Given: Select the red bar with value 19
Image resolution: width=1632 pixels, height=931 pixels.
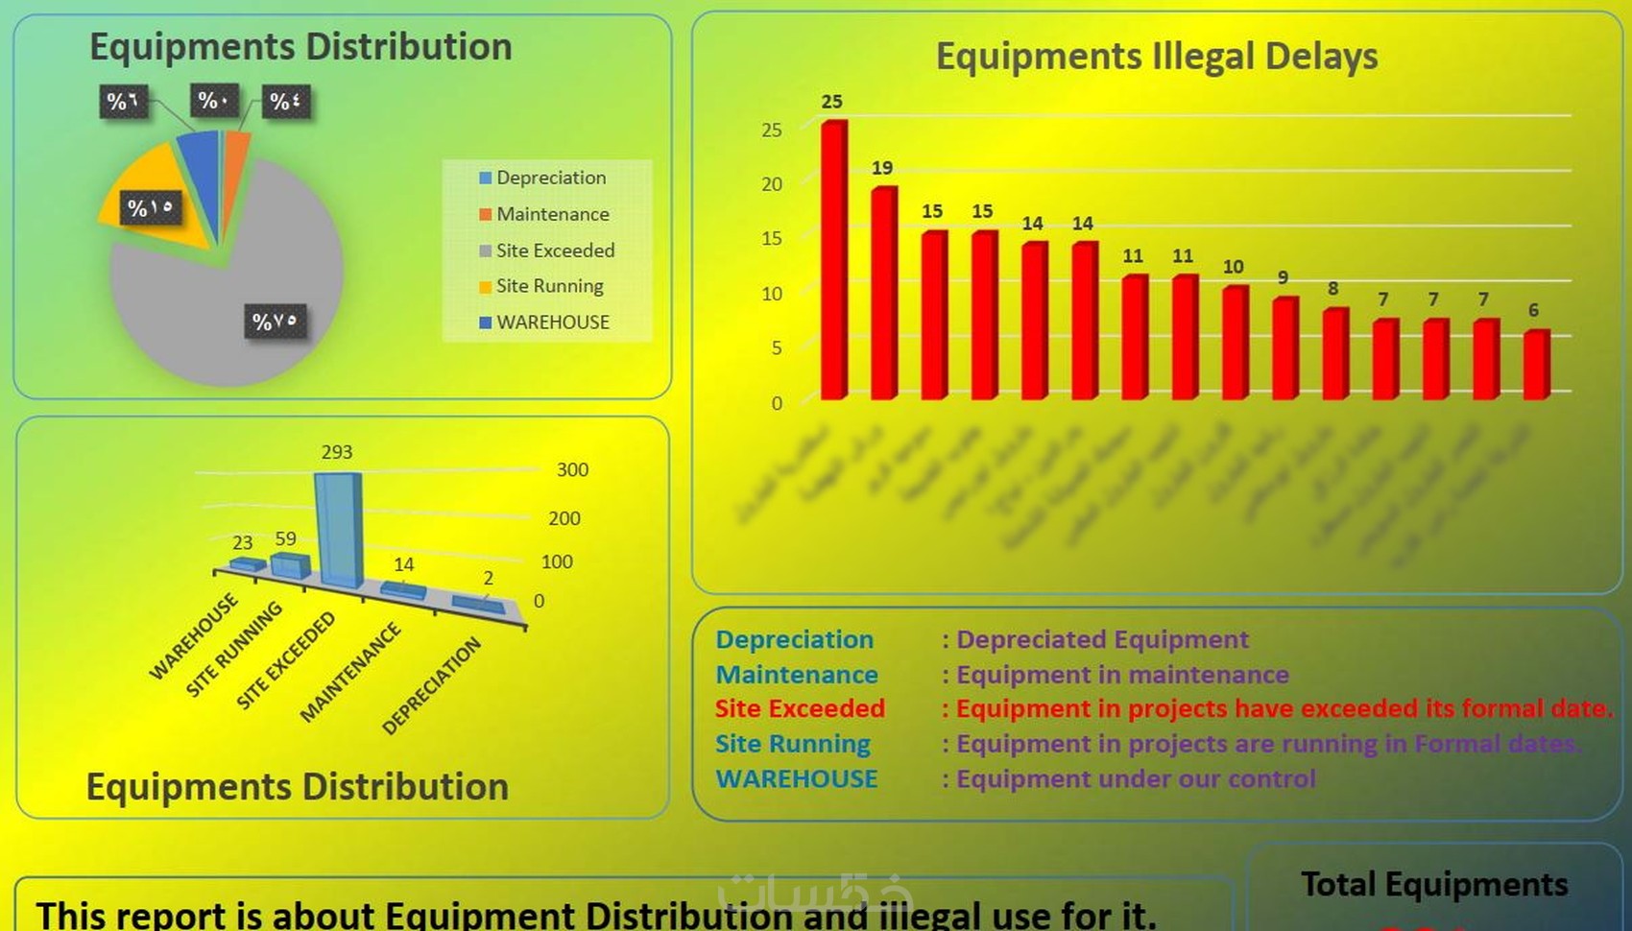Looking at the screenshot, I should (883, 293).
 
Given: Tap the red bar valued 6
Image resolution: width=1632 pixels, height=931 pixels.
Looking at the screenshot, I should (1535, 365).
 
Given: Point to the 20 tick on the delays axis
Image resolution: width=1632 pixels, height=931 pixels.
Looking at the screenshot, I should (772, 184).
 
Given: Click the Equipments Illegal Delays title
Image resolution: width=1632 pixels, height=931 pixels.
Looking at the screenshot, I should (1156, 57).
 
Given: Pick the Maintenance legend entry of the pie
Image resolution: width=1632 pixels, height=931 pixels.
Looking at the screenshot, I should (552, 214).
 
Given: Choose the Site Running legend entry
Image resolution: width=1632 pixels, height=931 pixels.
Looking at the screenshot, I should (549, 286).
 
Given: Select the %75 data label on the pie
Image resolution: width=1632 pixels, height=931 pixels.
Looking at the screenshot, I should (275, 322).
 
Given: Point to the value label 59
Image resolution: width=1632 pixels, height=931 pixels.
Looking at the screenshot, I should (286, 538).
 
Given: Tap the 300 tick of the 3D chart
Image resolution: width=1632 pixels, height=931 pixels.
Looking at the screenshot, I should (572, 470).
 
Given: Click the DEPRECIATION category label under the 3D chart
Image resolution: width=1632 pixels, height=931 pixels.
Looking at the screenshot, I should (431, 686).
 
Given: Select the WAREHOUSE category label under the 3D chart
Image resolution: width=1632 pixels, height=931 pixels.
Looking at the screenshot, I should (193, 636).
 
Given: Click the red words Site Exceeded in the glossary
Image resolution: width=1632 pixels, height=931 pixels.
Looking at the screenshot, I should (800, 708).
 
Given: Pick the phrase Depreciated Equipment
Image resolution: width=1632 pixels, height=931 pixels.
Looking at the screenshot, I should (1102, 639).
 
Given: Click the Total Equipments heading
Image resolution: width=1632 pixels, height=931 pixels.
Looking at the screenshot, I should (1434, 884).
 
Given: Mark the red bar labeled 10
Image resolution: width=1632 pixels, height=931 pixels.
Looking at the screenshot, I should (1235, 343).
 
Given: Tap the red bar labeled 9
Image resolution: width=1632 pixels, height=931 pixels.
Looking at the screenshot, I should (1284, 348).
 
